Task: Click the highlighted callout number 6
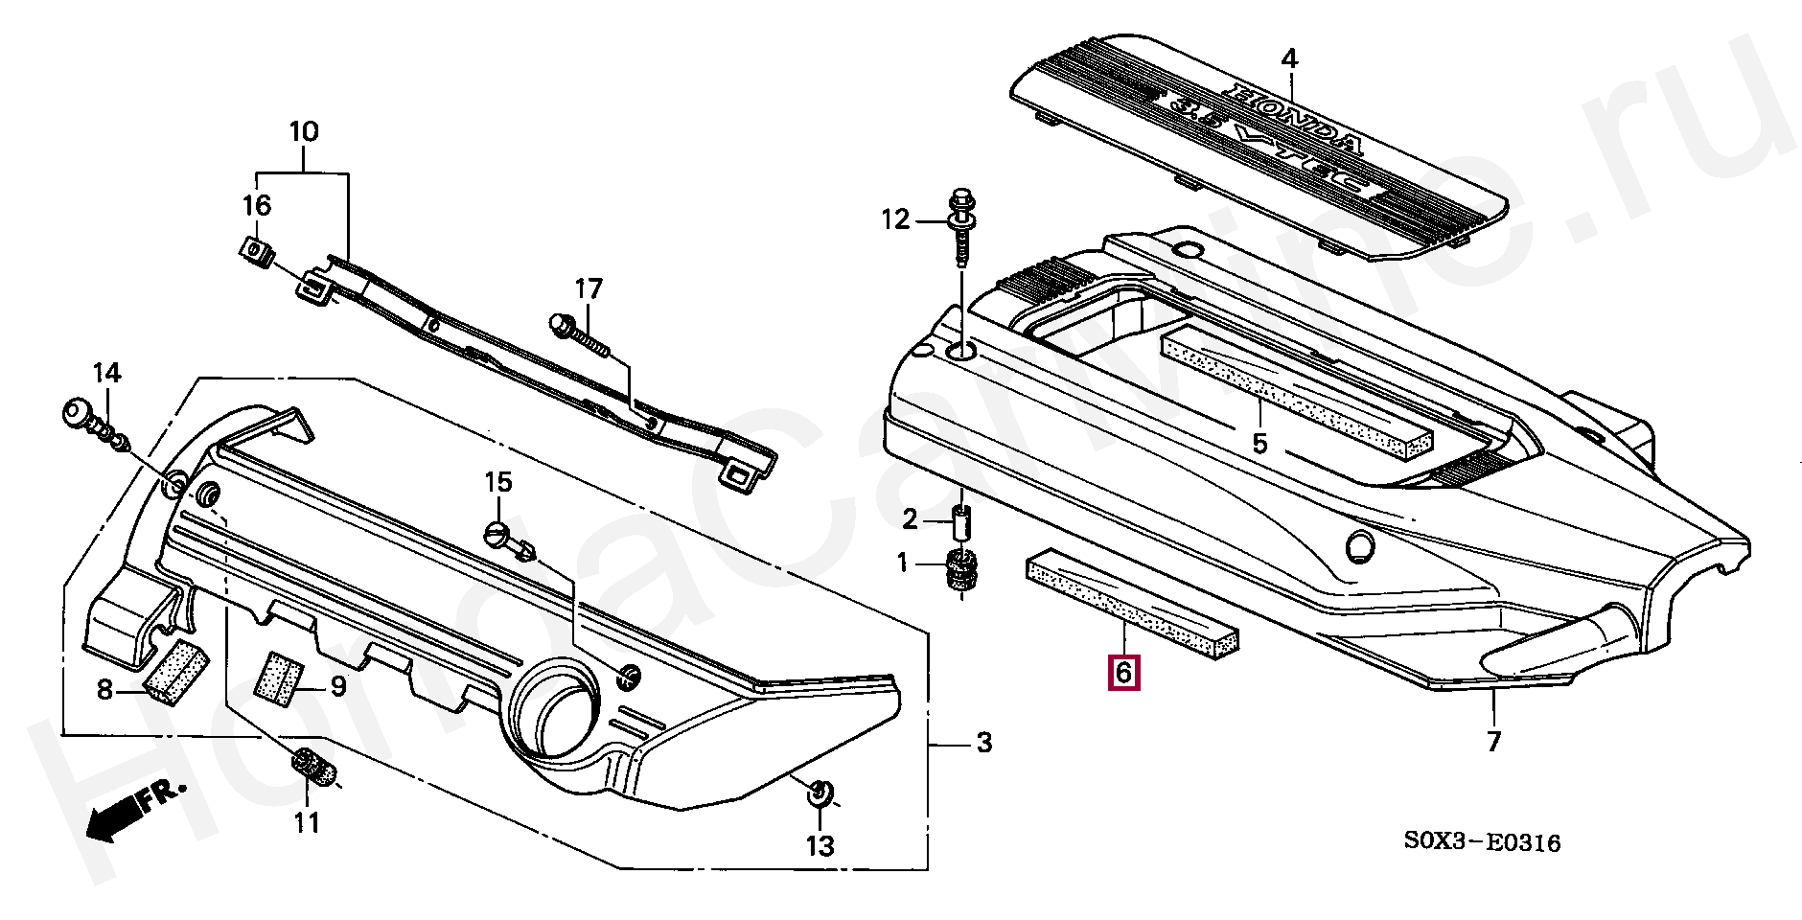[1123, 673]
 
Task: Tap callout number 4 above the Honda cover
[1289, 59]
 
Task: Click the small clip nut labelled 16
[254, 252]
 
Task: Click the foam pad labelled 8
[176, 671]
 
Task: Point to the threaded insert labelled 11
[312, 767]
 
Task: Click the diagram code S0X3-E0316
[1482, 843]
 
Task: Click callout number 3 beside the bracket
[983, 744]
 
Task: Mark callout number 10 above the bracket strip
[303, 131]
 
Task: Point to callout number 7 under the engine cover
[1493, 741]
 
